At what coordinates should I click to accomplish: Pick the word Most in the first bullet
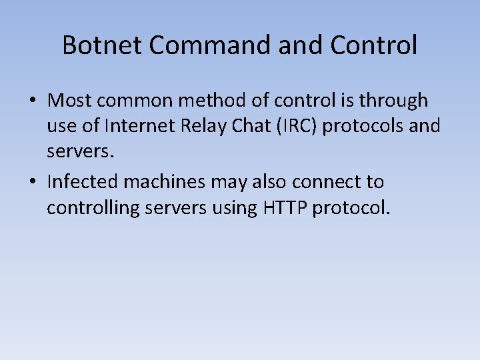click(67, 101)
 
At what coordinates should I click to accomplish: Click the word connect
click(328, 182)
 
